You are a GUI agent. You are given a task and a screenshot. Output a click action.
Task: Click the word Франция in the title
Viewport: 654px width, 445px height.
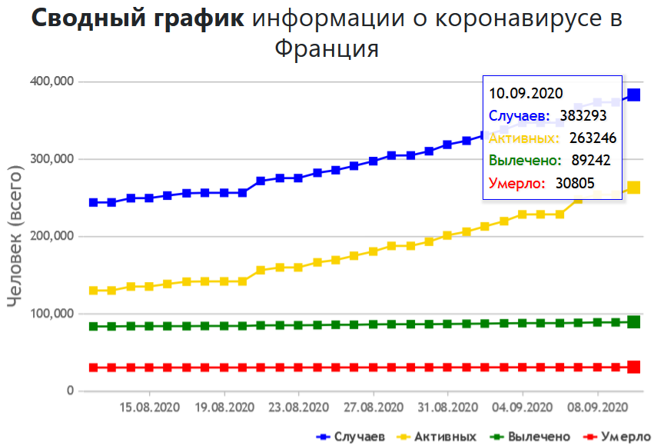(327, 49)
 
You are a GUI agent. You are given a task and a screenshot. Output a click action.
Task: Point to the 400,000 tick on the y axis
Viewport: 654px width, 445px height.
(51, 81)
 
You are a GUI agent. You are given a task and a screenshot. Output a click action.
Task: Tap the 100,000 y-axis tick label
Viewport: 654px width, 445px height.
(51, 314)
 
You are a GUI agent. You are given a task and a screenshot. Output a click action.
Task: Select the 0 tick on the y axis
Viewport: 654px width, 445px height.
(70, 391)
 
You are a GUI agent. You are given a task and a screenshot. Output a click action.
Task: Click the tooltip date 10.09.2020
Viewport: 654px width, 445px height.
(521, 93)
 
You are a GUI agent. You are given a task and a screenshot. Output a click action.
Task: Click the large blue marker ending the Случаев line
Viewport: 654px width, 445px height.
(634, 95)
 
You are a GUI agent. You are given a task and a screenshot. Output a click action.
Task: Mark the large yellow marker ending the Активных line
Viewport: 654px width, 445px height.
(634, 188)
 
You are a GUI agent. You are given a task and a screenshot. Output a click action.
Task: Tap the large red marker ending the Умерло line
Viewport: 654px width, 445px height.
(634, 367)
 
